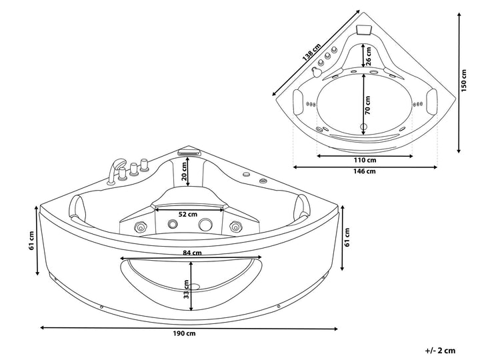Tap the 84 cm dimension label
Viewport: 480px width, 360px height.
192,253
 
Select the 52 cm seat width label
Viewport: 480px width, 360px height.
188,214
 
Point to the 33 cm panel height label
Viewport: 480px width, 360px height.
186,289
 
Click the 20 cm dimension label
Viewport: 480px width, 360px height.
184,171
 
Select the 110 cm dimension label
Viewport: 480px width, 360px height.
365,160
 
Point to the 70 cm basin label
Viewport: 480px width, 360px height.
367,105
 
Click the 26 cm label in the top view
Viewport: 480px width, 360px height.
368,56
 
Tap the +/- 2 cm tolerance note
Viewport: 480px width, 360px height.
440,351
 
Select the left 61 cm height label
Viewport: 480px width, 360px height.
32,241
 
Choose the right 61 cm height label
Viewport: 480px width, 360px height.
347,237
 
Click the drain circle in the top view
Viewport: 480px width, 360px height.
364,126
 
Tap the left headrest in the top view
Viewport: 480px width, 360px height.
298,101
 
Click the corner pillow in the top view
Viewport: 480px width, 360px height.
364,30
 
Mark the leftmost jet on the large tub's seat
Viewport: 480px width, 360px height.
141,227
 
